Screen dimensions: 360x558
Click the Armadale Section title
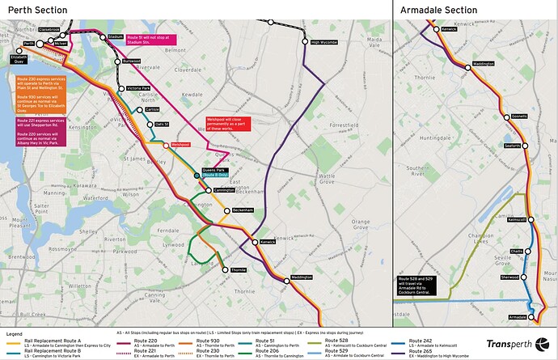click(440, 9)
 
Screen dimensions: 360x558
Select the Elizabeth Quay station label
click(19, 58)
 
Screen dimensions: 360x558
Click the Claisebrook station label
click(49, 30)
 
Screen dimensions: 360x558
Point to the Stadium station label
click(116, 37)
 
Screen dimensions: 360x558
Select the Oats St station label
click(161, 124)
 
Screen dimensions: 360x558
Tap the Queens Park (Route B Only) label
click(214, 172)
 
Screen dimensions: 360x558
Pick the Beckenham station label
click(243, 210)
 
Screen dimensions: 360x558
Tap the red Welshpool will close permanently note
click(229, 124)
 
